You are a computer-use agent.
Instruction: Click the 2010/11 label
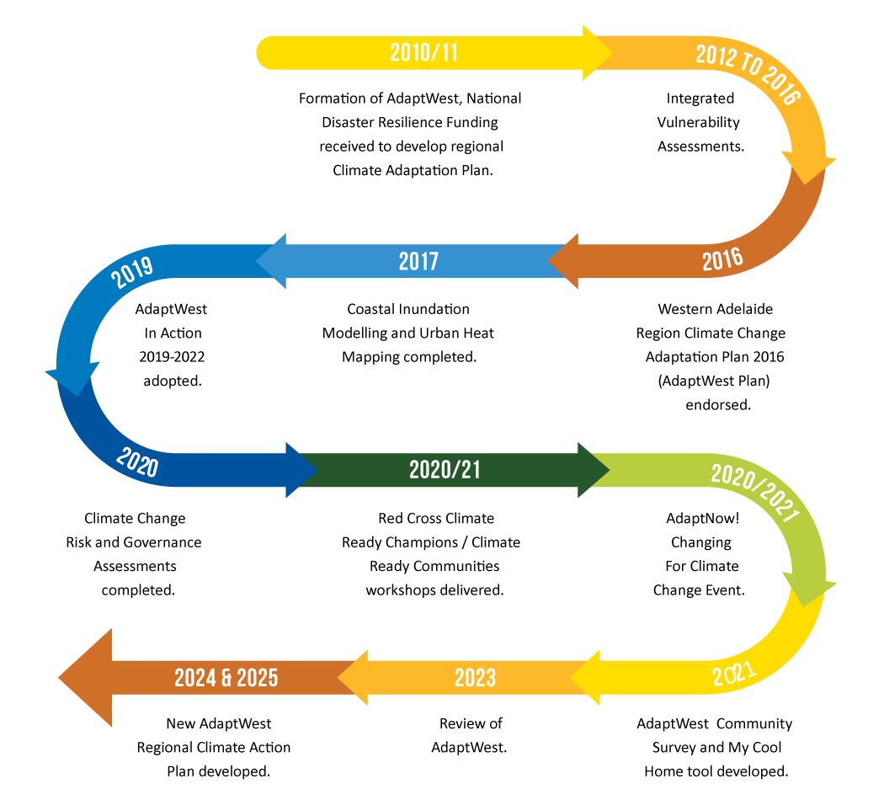click(424, 53)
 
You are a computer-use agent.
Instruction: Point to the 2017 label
click(418, 261)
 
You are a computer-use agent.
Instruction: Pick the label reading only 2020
click(137, 462)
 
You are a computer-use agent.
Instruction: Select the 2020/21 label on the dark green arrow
click(445, 470)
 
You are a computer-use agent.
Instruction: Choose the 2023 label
click(475, 677)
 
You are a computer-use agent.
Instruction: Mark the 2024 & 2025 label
click(226, 677)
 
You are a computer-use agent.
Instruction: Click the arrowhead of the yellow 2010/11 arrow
click(597, 53)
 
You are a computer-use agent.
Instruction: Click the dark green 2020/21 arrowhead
click(593, 470)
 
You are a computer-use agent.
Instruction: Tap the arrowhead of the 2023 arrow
click(354, 677)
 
